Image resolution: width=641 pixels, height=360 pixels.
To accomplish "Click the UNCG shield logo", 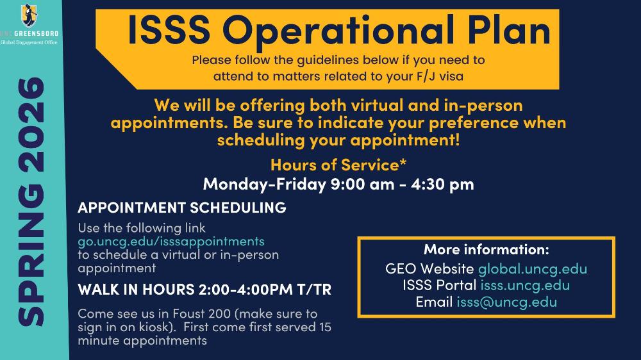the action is (29, 15).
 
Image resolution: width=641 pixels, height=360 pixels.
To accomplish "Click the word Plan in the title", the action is (509, 30).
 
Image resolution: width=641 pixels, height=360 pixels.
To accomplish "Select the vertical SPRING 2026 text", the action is (31, 201).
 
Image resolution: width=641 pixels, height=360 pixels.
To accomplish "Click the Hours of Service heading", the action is (338, 165).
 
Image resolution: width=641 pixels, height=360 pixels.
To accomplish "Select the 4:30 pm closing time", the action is (442, 184).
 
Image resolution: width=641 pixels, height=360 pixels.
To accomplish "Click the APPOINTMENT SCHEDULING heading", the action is (182, 208).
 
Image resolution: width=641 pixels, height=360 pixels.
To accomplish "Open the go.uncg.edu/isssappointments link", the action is (171, 241).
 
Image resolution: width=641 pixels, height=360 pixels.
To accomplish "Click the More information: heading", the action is (487, 249).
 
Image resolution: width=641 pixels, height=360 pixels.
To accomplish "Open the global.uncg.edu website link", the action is (532, 269).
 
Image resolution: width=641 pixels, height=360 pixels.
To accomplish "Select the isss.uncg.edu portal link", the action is (525, 285).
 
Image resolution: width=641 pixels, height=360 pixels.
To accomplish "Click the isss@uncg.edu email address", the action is (506, 302).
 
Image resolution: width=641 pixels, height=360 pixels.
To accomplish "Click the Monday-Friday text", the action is (264, 184).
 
